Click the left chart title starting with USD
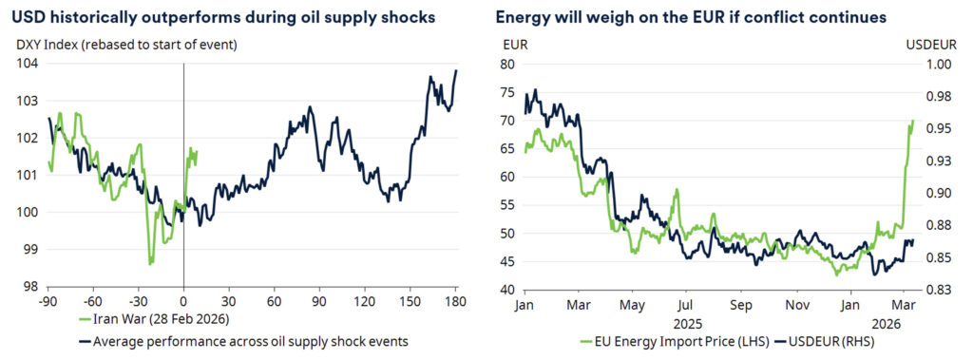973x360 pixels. coord(222,18)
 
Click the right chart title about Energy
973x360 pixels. coord(691,18)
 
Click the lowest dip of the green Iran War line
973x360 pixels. coord(150,264)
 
